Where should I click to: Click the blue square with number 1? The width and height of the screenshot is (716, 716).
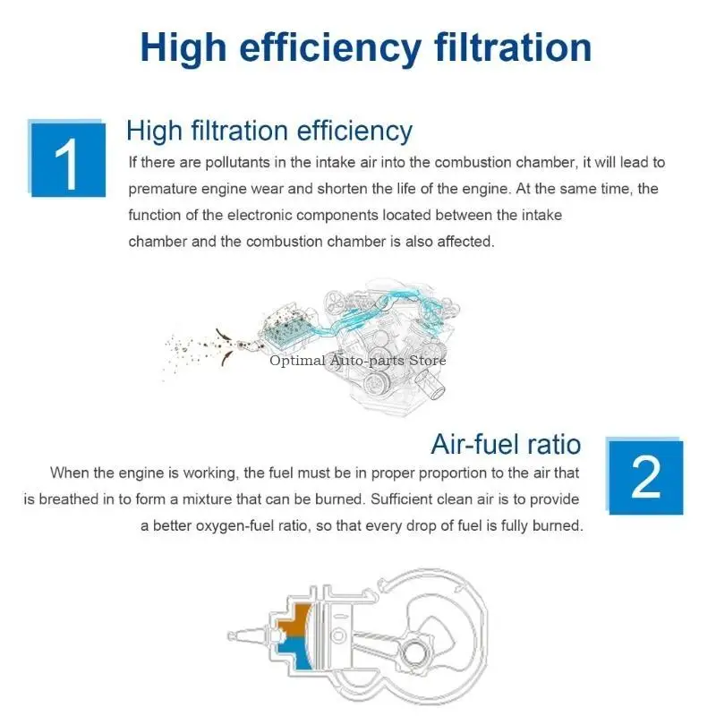pyautogui.click(x=68, y=160)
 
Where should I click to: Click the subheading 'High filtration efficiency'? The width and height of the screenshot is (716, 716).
pyautogui.click(x=269, y=131)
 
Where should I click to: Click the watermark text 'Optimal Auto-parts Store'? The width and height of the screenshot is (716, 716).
pyautogui.click(x=357, y=361)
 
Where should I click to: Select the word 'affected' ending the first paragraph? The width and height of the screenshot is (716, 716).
pyautogui.click(x=466, y=242)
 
